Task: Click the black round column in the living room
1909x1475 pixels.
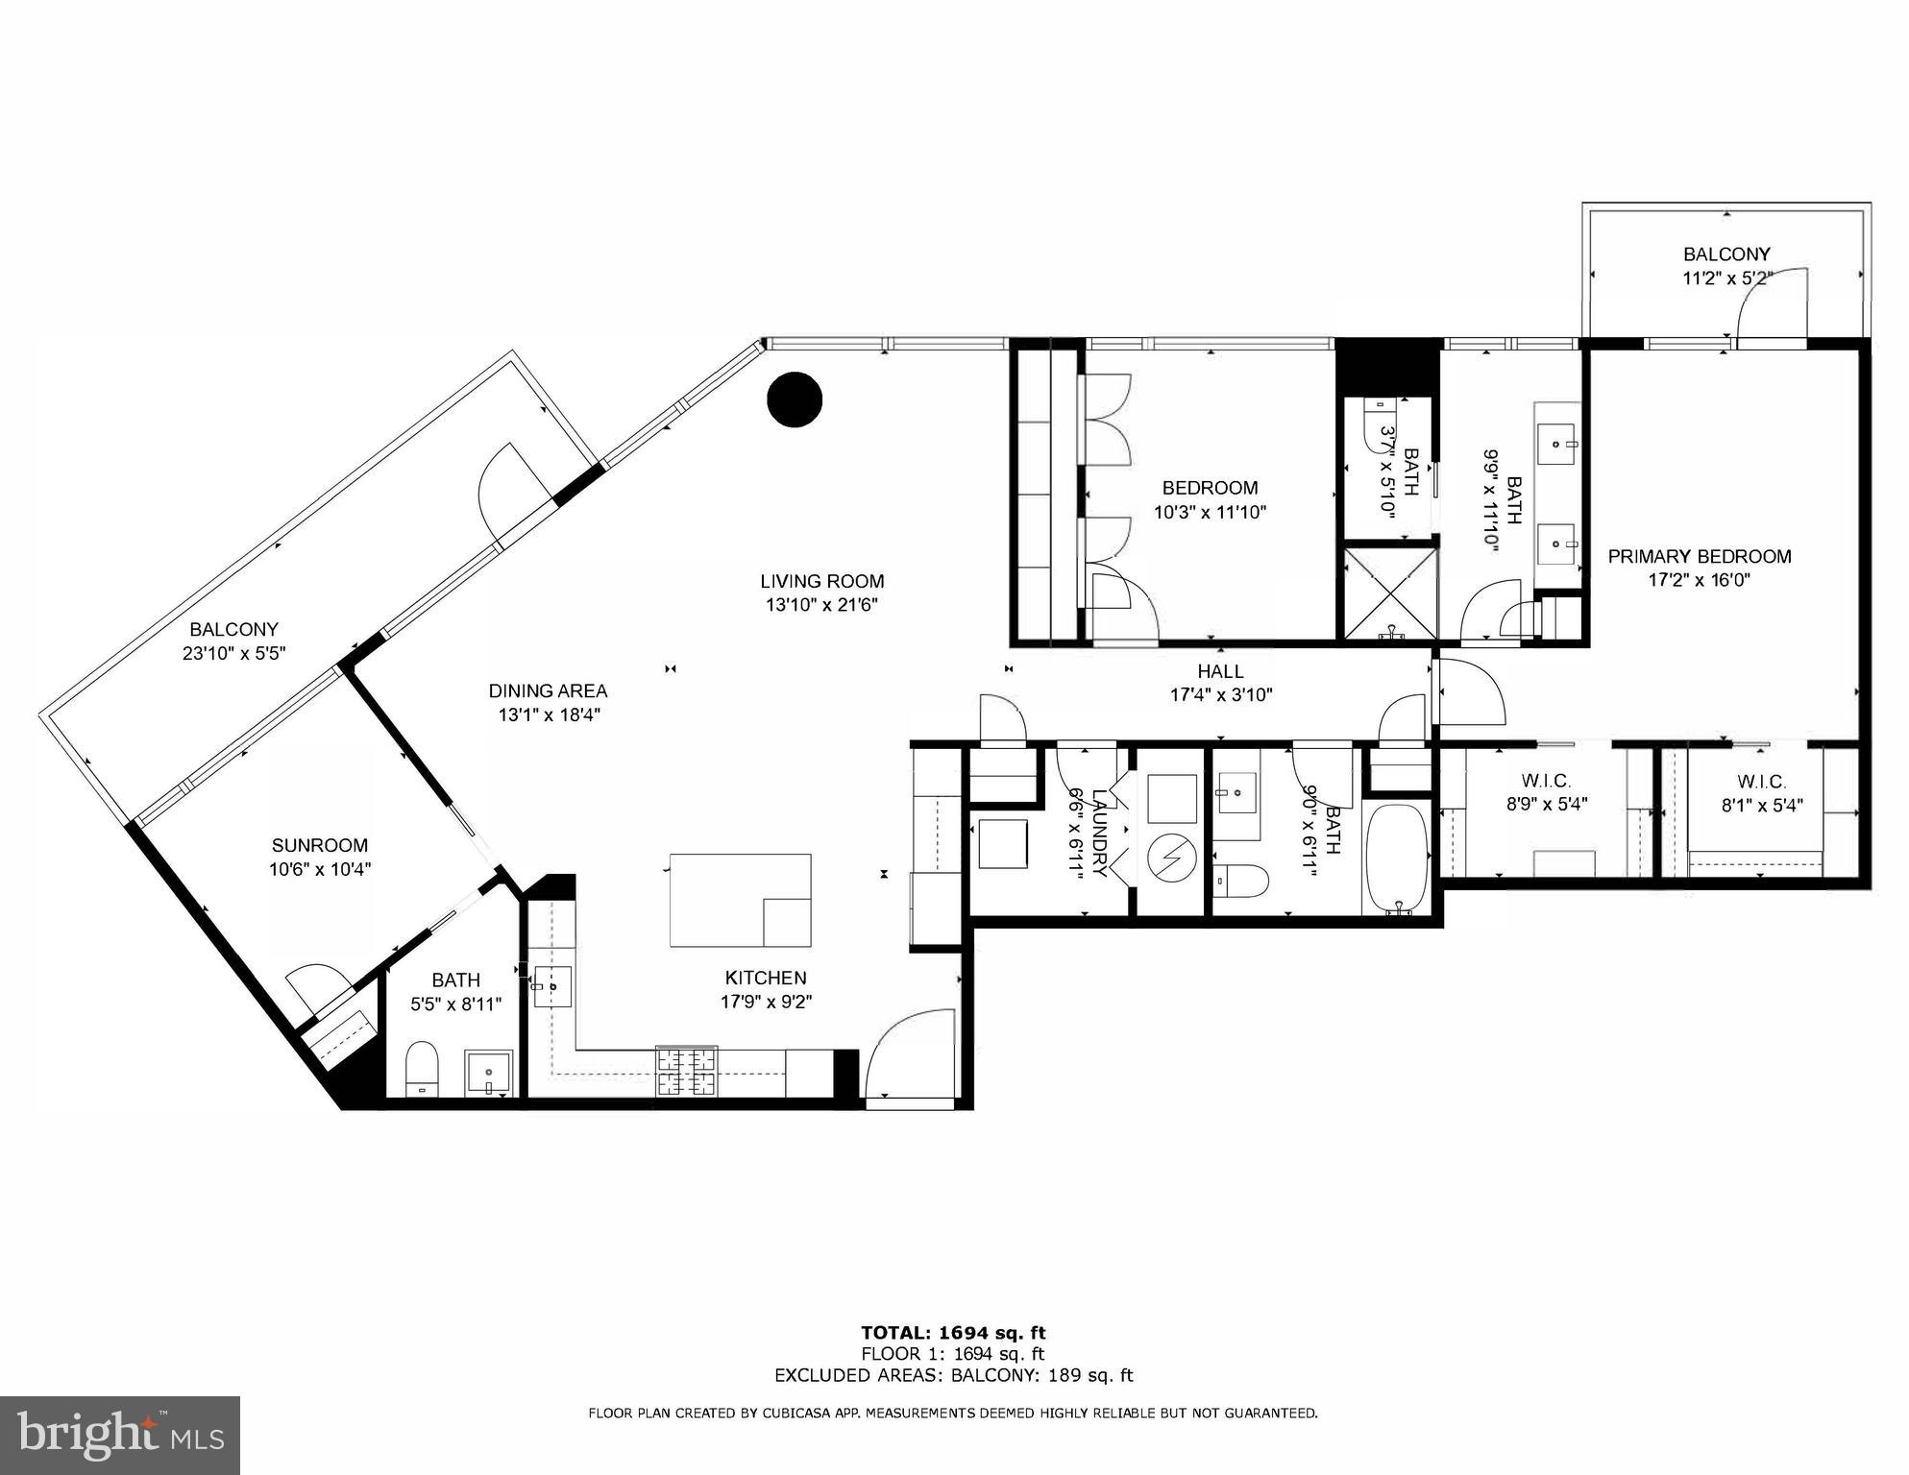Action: click(x=795, y=399)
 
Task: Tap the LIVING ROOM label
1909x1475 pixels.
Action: click(x=821, y=581)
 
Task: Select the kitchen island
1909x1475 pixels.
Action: click(x=740, y=900)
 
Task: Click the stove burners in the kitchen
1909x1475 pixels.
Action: click(x=686, y=1071)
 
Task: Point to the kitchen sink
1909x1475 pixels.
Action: click(x=552, y=986)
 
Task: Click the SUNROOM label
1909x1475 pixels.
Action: click(x=319, y=845)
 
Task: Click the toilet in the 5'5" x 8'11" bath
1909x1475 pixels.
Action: click(x=421, y=1068)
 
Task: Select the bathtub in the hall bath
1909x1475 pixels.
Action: click(x=1396, y=860)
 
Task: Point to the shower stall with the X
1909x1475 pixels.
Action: click(x=1389, y=592)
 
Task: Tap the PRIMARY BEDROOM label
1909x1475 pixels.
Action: click(x=1699, y=556)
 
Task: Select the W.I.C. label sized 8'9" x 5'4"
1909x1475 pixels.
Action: click(x=1546, y=781)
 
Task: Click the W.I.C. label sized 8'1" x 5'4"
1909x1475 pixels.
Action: click(x=1760, y=782)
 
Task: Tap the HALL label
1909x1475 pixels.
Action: click(x=1220, y=671)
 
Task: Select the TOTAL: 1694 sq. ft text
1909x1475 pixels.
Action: click(x=952, y=1332)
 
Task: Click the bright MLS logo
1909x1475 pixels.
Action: click(x=120, y=1436)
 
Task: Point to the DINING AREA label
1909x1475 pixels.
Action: click(x=548, y=690)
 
